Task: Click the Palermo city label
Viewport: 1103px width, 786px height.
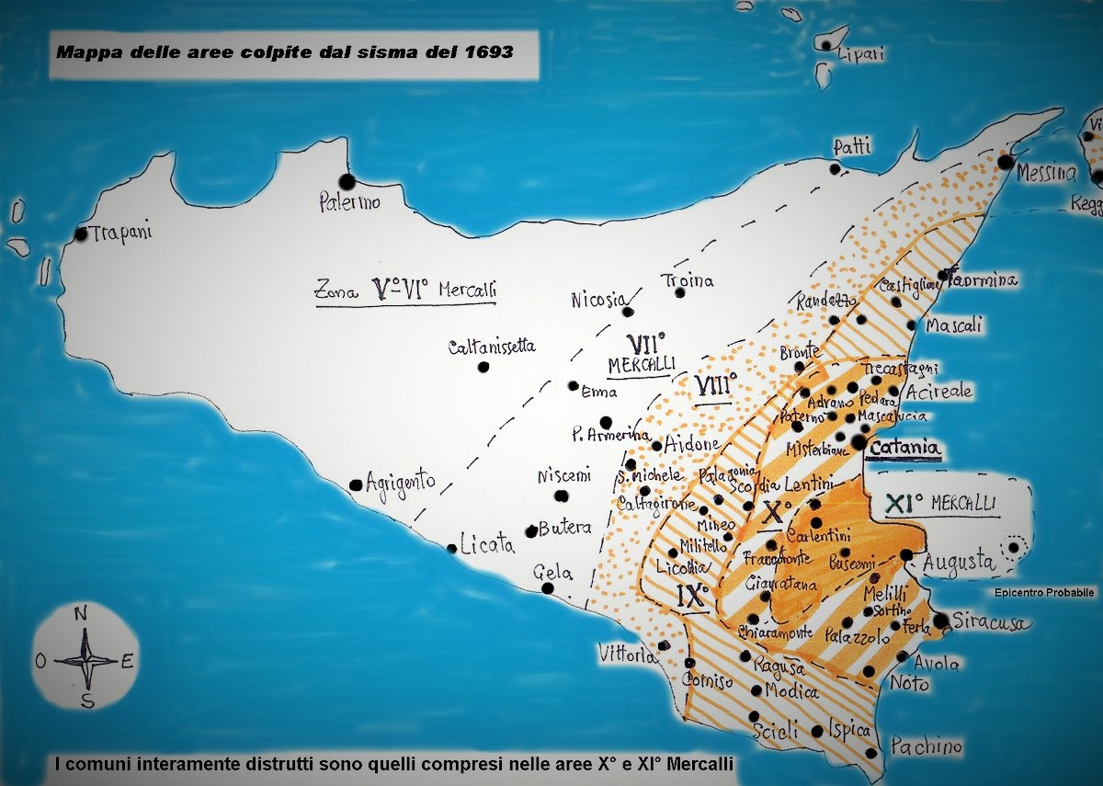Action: point(349,203)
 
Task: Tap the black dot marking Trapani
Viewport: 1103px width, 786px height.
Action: point(81,234)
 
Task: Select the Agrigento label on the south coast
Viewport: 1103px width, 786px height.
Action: point(400,481)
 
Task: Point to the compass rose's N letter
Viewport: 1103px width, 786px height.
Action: point(81,613)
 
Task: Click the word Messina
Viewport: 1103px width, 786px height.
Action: point(1047,173)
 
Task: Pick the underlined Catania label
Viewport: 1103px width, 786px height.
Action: point(906,448)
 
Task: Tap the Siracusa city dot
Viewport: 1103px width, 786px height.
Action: point(940,621)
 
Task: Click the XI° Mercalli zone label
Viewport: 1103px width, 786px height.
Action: point(946,504)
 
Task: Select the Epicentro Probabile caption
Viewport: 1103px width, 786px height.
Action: point(1044,593)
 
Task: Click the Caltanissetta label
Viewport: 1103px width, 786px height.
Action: point(492,347)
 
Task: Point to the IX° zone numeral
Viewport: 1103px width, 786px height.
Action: point(692,596)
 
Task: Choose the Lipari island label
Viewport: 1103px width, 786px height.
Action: point(861,54)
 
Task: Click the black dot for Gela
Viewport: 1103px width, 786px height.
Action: point(548,588)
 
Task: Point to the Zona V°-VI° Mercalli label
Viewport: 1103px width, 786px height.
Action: point(405,290)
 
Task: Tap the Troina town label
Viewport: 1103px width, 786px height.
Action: point(688,280)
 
